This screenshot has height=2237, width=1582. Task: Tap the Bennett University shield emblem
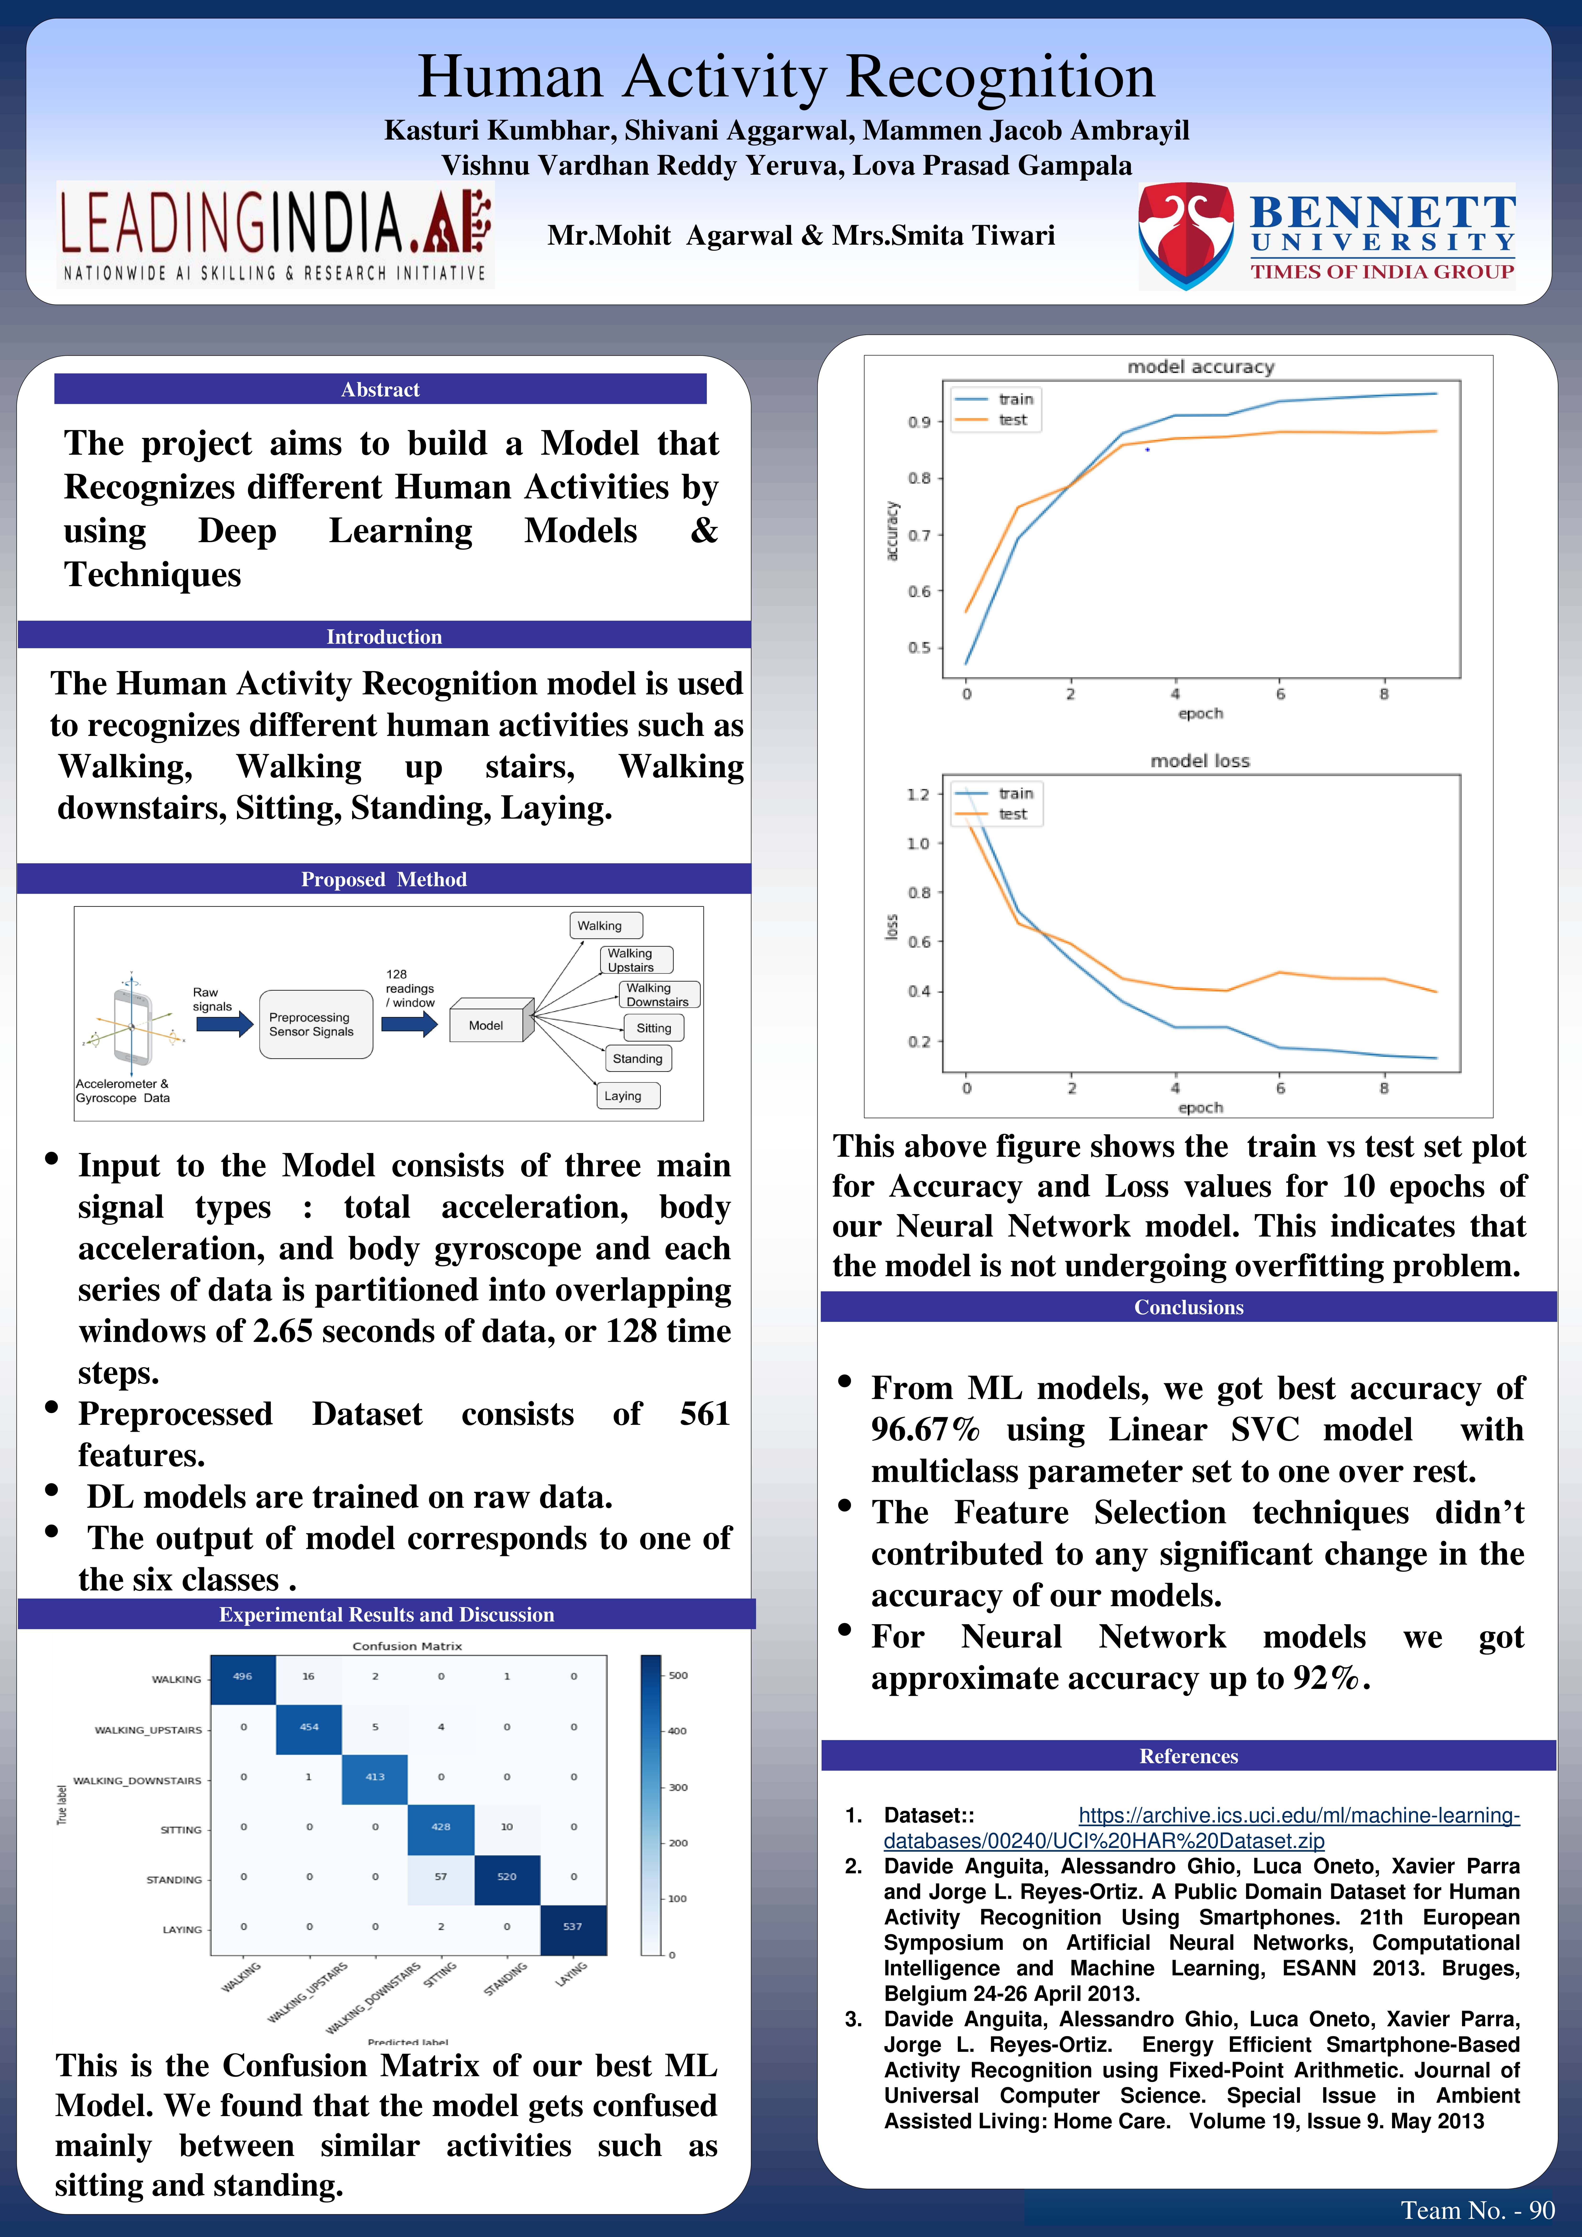click(x=1186, y=236)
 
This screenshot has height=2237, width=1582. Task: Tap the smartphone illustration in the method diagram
click(x=131, y=1026)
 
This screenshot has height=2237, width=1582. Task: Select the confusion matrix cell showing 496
click(x=242, y=1677)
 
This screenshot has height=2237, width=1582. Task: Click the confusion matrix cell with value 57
click(x=441, y=1876)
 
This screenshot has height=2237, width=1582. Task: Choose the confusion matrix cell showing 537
click(x=573, y=1926)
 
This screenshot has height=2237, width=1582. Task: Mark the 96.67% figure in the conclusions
click(x=926, y=1429)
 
